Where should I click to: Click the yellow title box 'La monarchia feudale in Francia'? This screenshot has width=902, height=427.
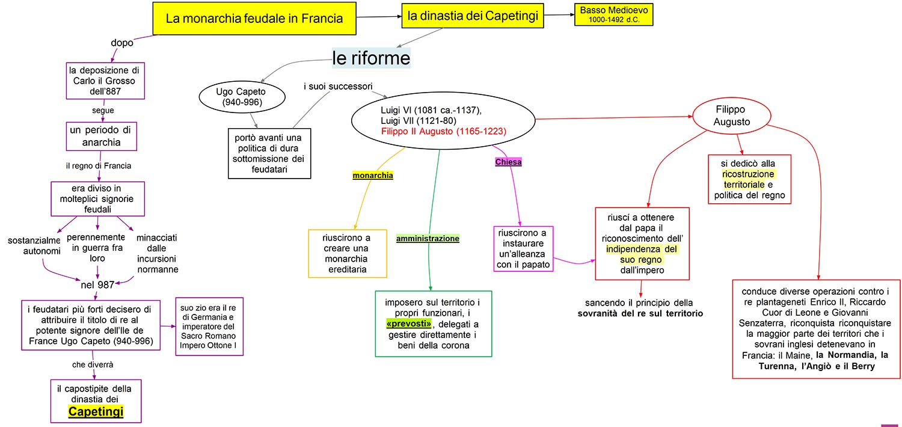coord(254,18)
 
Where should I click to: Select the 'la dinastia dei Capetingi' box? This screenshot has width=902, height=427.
coord(472,16)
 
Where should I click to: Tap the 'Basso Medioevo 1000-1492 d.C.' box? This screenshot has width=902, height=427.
coord(613,14)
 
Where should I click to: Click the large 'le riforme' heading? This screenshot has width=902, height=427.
coord(371,58)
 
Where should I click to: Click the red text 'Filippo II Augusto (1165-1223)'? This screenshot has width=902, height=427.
coord(443,131)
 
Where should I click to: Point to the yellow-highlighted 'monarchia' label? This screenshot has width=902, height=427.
coord(373,176)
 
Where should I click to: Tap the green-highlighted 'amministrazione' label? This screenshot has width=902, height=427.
coord(428,239)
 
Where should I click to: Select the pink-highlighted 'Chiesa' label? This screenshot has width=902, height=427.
coord(508,162)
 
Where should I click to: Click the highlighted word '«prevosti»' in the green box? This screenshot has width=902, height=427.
coord(409,324)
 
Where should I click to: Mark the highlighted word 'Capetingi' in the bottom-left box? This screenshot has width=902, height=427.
coord(96,411)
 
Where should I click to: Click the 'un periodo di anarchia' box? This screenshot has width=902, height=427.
coord(101,136)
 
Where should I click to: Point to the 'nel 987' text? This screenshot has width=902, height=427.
coord(97,284)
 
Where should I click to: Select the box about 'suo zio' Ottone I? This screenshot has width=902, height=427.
coord(209,326)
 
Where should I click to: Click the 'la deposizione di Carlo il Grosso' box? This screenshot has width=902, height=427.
coord(105,81)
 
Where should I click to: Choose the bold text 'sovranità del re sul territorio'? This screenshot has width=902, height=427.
coord(640,313)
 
